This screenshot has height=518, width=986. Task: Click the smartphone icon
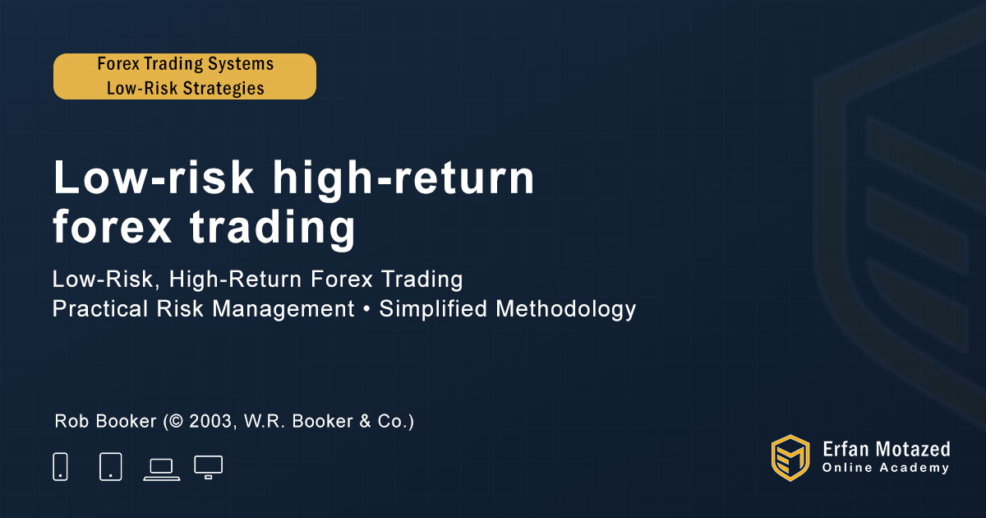coord(60,466)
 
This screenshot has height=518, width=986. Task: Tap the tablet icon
coord(110,466)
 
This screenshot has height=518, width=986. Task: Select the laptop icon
coord(162,469)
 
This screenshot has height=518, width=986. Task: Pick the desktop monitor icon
coord(208,467)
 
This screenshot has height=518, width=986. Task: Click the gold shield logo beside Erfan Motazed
coord(790,458)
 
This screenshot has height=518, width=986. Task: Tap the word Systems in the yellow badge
coord(240,64)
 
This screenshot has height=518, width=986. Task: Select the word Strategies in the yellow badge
coord(223,88)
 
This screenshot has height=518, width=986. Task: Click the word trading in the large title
coord(272,226)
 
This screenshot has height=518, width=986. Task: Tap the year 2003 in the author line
coord(210,421)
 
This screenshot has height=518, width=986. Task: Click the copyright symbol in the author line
coord(176,421)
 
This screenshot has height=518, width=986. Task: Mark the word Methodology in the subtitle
coord(565,309)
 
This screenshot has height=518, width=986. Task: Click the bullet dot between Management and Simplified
coord(366,309)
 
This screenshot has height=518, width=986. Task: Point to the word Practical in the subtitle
coord(100,308)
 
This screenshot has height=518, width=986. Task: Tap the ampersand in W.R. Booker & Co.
coord(365,421)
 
